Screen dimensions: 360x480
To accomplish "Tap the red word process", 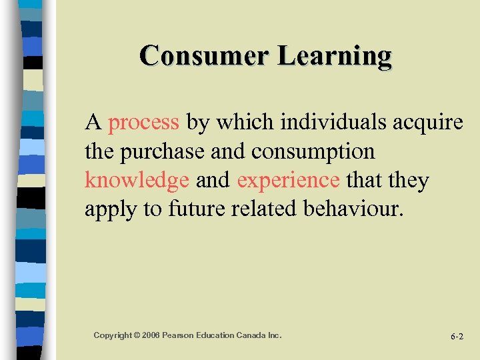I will click(143, 123).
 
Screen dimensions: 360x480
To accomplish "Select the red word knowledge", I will click(137, 181).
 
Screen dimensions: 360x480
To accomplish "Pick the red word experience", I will click(288, 181).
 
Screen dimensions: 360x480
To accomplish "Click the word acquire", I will click(428, 123).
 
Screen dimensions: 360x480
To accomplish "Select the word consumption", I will click(313, 152).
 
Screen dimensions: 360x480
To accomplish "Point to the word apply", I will click(110, 209).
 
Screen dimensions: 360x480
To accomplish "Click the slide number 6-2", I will click(457, 337).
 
